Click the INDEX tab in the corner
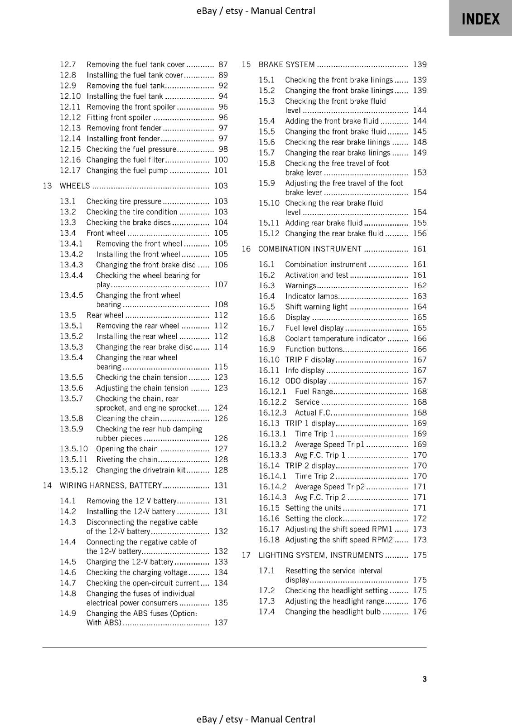pyautogui.click(x=480, y=19)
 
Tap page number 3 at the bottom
pyautogui.click(x=424, y=679)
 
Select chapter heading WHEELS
pyautogui.click(x=75, y=186)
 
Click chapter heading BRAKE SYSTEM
pyautogui.click(x=286, y=65)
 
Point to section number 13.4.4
pyautogui.click(x=72, y=275)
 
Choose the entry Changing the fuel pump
pyautogui.click(x=127, y=171)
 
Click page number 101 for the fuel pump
pyautogui.click(x=221, y=171)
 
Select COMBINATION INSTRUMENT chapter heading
pyautogui.click(x=310, y=249)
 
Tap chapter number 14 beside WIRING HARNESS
pyautogui.click(x=47, y=486)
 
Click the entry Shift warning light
pyautogui.click(x=316, y=307)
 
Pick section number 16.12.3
pyautogui.click(x=273, y=413)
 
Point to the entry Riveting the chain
pyautogui.click(x=126, y=459)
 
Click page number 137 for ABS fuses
pyautogui.click(x=221, y=623)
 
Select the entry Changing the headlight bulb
pyautogui.click(x=333, y=612)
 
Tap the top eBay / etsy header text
pyautogui.click(x=256, y=11)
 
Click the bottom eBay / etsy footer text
pyautogui.click(x=256, y=719)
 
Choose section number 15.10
pyautogui.click(x=269, y=203)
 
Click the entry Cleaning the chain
pyautogui.click(x=127, y=419)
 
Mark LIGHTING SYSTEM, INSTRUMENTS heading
pyautogui.click(x=321, y=556)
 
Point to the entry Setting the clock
pyautogui.click(x=314, y=519)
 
